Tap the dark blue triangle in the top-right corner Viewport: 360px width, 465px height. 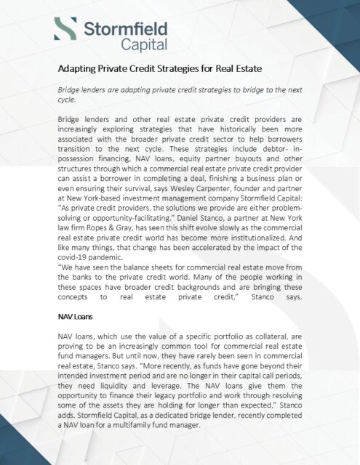(349, 11)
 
